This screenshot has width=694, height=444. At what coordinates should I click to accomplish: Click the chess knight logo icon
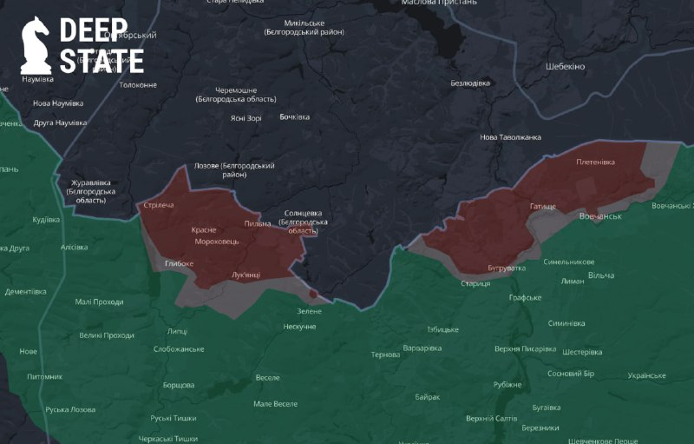36,45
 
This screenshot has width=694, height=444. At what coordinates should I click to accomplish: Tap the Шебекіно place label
566,67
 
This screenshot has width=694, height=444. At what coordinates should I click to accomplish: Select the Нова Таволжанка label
511,137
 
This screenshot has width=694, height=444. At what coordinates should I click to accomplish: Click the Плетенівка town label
595,162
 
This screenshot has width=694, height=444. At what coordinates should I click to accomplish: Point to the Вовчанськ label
600,215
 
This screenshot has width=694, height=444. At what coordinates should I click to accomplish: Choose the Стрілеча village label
159,205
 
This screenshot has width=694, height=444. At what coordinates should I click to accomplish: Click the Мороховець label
218,241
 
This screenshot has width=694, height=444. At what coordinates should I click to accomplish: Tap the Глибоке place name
179,262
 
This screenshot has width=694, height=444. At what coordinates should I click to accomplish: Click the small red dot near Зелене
313,294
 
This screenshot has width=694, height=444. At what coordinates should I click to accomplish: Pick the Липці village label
177,331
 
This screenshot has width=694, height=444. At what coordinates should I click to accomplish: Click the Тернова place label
385,355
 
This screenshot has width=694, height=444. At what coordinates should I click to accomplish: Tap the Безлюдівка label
470,83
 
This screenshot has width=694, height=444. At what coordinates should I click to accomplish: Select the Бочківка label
294,116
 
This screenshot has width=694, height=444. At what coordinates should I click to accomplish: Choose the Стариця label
475,283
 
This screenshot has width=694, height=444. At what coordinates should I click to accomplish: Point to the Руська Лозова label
70,409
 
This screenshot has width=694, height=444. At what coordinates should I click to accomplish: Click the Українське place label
646,375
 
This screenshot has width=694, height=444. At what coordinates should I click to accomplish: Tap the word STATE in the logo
101,61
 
